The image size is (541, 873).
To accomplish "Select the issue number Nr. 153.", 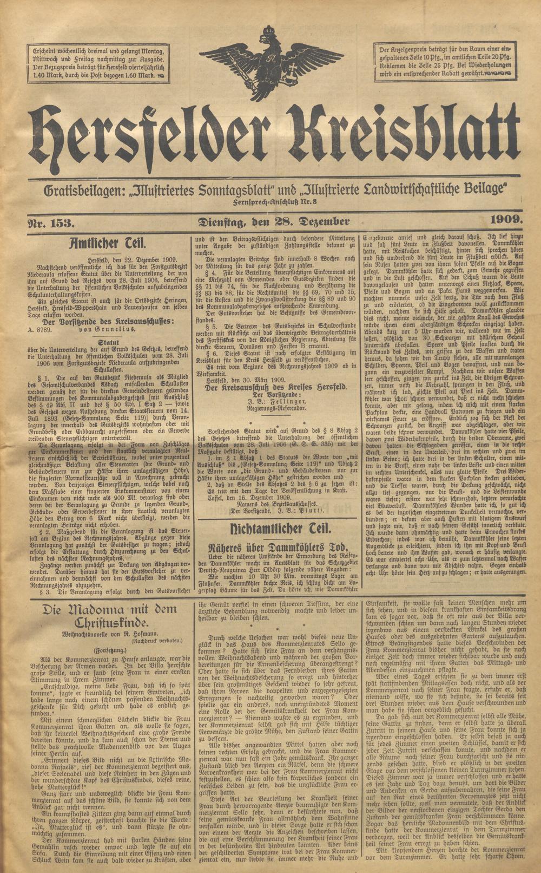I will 53,222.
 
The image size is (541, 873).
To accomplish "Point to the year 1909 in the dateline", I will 506,219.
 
